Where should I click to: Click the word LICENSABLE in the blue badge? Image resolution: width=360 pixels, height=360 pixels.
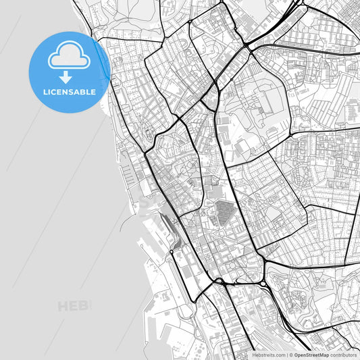coord(70,92)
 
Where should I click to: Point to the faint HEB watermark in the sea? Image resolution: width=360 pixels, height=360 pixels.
coord(74,307)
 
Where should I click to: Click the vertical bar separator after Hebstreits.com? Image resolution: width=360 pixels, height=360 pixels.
coord(286,355)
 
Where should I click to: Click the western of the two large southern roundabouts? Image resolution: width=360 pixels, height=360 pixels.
coord(220,281)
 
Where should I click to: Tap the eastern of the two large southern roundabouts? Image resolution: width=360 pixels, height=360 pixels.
coord(262,261)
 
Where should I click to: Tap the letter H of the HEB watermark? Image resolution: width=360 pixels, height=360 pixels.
coord(63,307)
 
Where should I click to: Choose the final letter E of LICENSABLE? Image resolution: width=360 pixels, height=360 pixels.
coord(93,92)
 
